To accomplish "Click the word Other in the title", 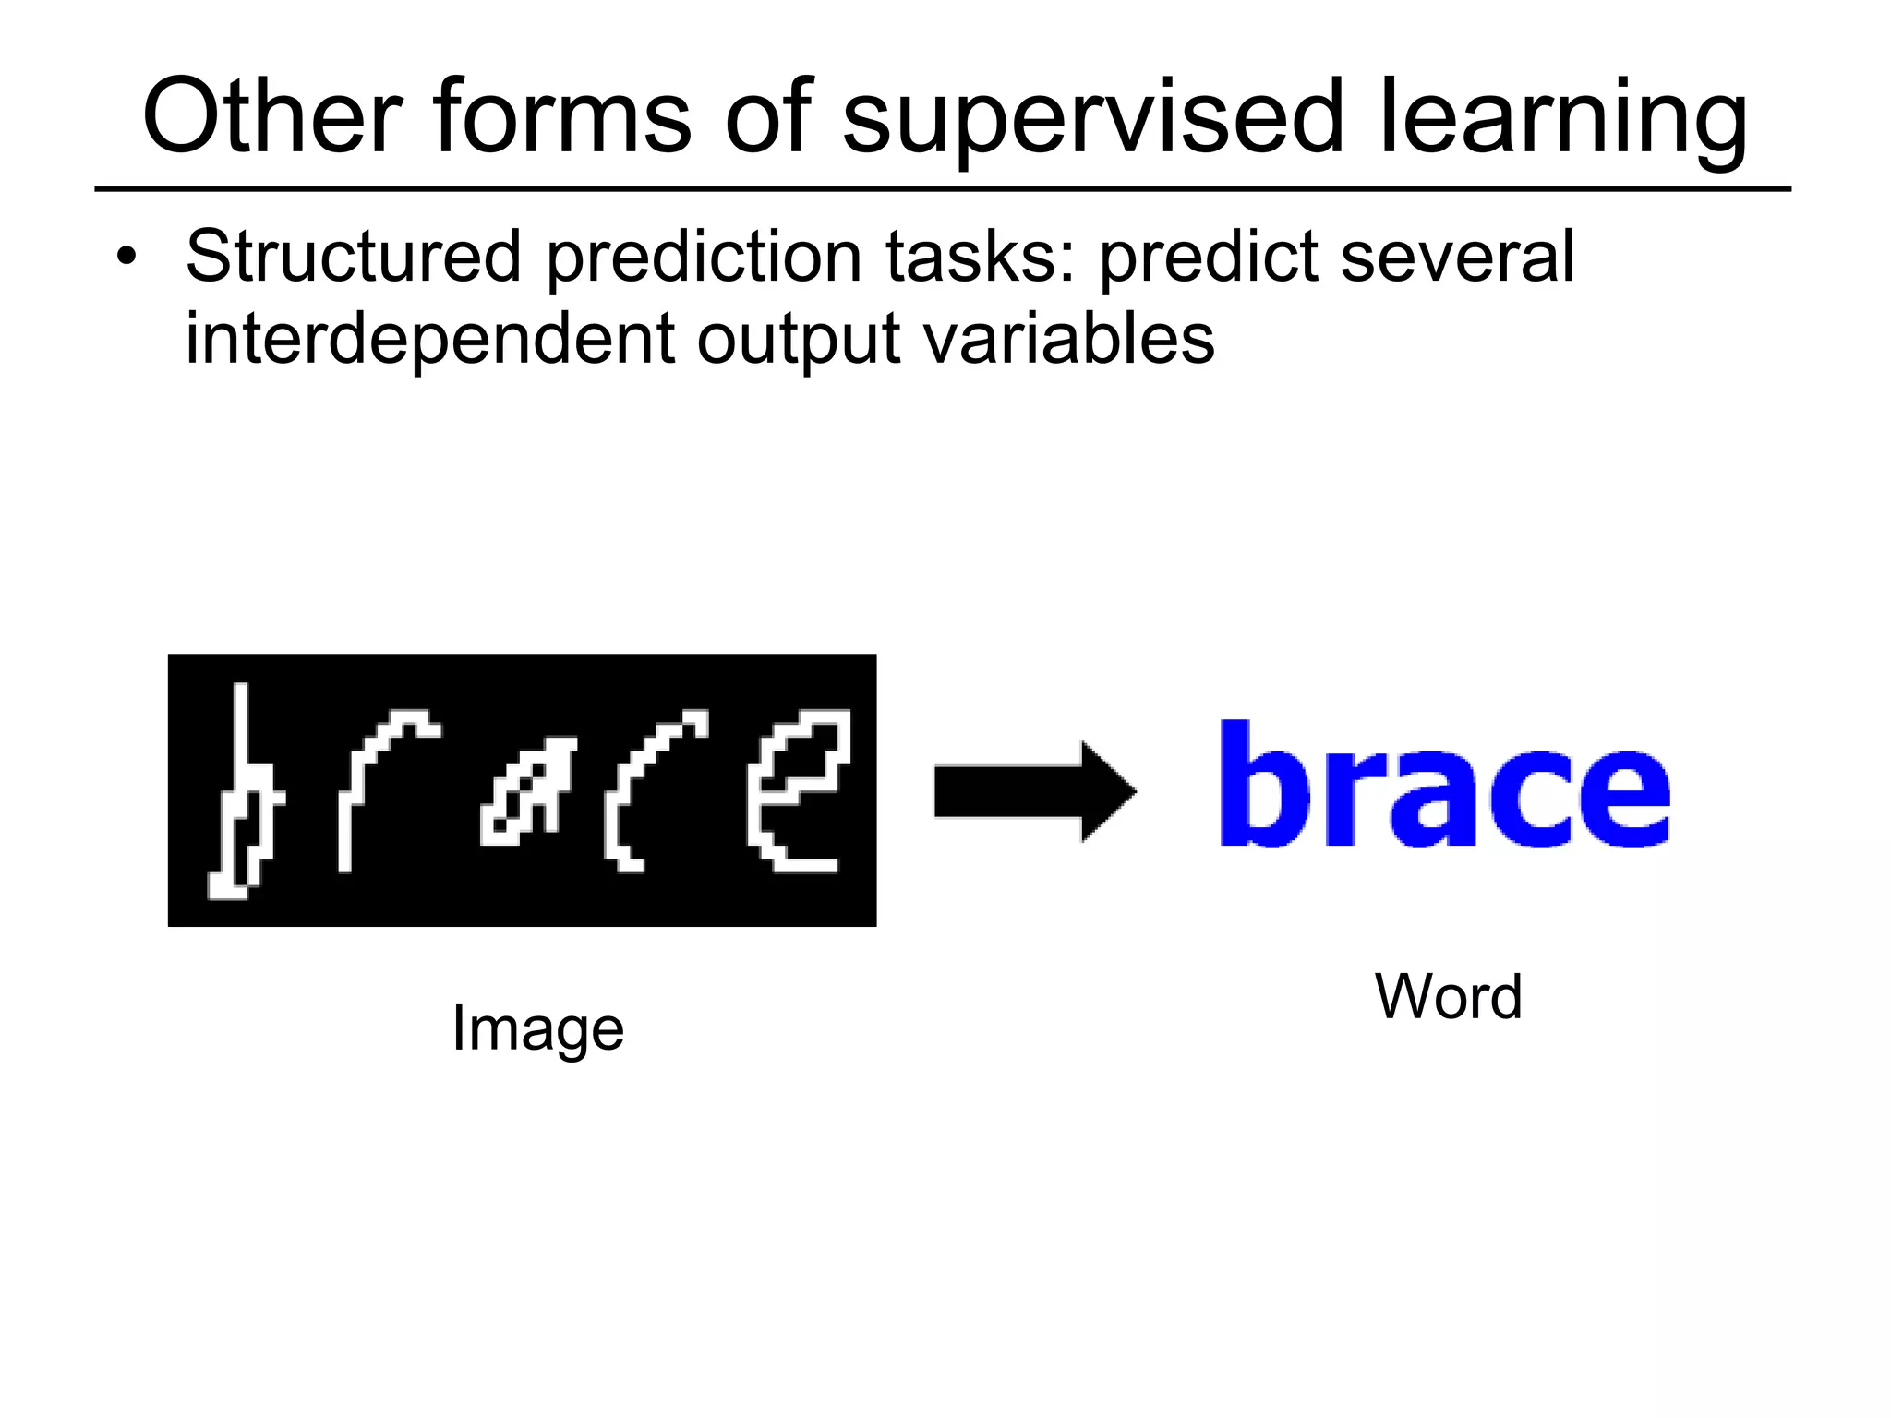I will pyautogui.click(x=272, y=117).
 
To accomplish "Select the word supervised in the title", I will pyautogui.click(x=1093, y=120).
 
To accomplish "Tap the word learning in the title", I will pyautogui.click(x=1562, y=120).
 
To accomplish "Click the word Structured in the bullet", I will pyautogui.click(x=354, y=257).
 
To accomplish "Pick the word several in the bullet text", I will pyautogui.click(x=1457, y=257).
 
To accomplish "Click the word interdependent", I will pyautogui.click(x=430, y=340).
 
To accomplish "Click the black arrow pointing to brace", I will pyautogui.click(x=1034, y=791).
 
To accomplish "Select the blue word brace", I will pyautogui.click(x=1445, y=785).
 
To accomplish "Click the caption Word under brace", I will pyautogui.click(x=1448, y=997).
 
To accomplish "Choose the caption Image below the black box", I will pyautogui.click(x=537, y=1029).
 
